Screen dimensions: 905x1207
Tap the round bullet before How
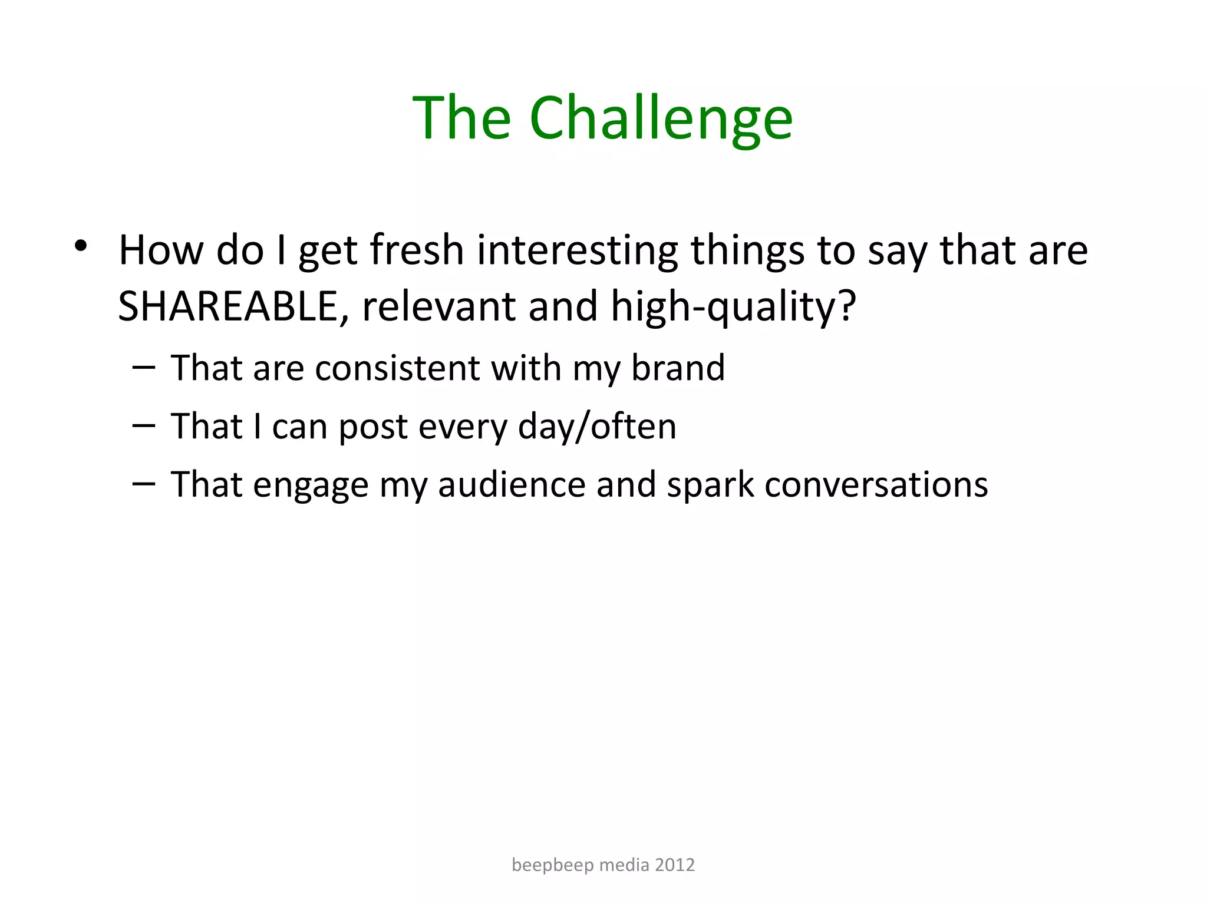pyautogui.click(x=81, y=246)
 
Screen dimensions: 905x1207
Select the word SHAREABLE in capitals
pyautogui.click(x=228, y=306)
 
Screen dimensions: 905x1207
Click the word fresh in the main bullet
pyautogui.click(x=417, y=250)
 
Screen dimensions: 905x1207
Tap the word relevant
pyautogui.click(x=438, y=306)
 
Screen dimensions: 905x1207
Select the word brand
pyautogui.click(x=678, y=368)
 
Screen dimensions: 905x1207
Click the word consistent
pyautogui.click(x=397, y=368)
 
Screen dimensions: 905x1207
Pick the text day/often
pyautogui.click(x=596, y=427)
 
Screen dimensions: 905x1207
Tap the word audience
pyautogui.click(x=511, y=485)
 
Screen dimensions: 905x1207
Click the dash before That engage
pyautogui.click(x=144, y=483)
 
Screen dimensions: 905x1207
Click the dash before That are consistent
pyautogui.click(x=144, y=367)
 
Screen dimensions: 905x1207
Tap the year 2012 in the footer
pyautogui.click(x=675, y=865)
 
